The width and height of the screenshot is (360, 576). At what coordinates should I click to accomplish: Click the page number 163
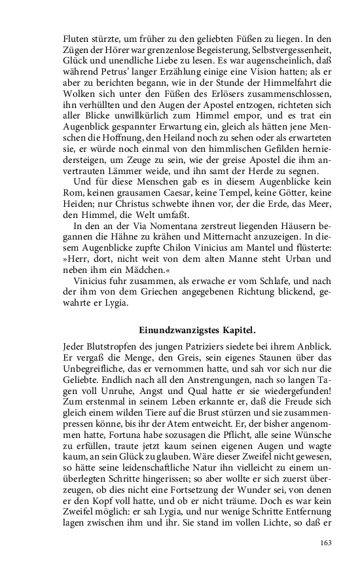point(326,543)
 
